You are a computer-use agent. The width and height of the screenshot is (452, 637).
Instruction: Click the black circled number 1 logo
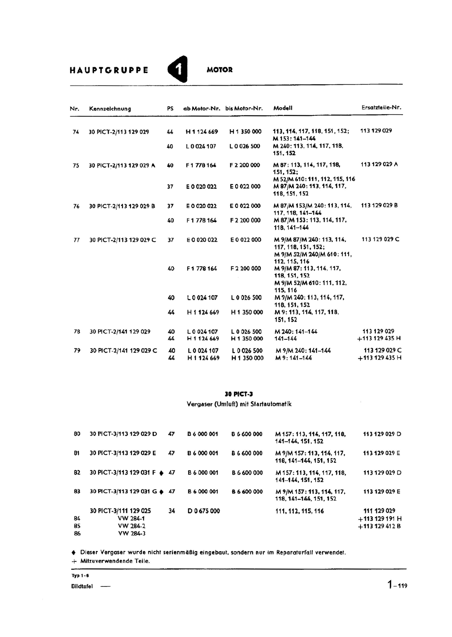(x=177, y=70)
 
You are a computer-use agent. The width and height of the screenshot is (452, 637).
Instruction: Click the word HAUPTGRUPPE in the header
(x=109, y=70)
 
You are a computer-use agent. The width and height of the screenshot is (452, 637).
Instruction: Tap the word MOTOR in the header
(x=220, y=70)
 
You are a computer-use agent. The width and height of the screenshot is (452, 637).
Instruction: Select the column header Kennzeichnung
(x=110, y=109)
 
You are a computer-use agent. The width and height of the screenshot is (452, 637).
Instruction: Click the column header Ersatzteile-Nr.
(x=381, y=107)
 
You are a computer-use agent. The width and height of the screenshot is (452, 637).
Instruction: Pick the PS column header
(x=170, y=108)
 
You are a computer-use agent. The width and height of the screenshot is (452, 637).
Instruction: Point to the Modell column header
(x=283, y=108)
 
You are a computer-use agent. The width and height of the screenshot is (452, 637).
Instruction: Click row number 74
(x=76, y=132)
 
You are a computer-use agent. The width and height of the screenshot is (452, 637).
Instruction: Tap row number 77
(x=76, y=240)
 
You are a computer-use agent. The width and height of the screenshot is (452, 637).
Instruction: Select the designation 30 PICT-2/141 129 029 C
(x=123, y=351)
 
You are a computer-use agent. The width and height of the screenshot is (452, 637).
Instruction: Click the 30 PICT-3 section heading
(x=239, y=395)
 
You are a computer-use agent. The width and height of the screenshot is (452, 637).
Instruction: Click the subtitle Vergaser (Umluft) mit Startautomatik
(x=239, y=404)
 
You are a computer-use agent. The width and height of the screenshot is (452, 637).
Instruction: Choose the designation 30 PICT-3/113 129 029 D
(x=123, y=434)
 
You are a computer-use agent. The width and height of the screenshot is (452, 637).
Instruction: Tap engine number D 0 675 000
(x=204, y=511)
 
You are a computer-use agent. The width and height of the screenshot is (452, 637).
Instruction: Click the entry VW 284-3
(x=132, y=533)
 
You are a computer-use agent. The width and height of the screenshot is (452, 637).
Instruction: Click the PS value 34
(x=171, y=511)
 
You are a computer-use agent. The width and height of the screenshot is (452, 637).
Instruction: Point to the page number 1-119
(x=397, y=585)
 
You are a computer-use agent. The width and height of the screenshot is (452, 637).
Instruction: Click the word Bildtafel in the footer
(x=82, y=586)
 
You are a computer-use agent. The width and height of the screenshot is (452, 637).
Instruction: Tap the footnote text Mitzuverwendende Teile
(x=115, y=561)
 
